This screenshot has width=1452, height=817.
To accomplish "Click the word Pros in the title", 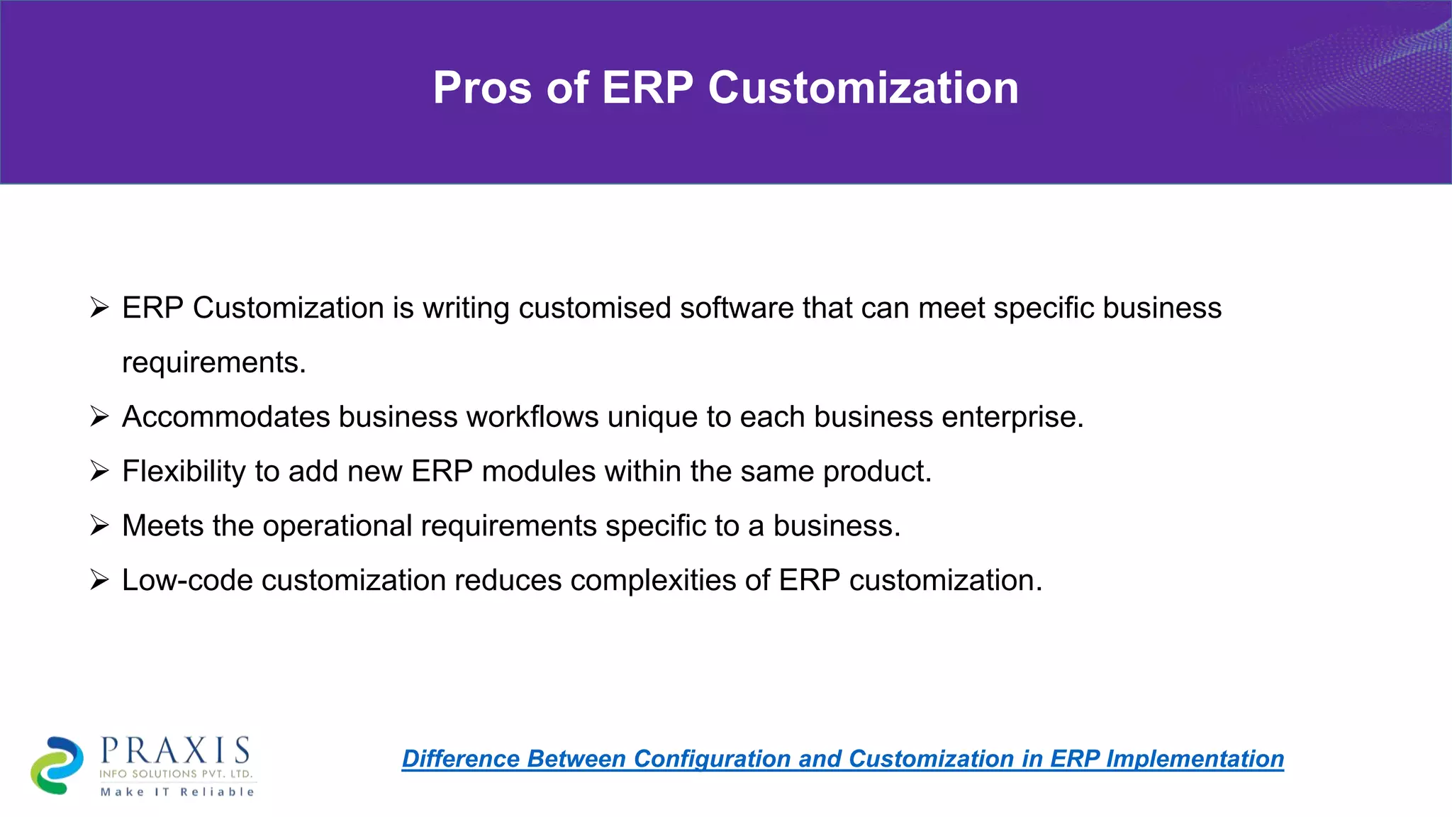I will [481, 88].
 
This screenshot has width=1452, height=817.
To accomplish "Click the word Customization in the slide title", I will [863, 88].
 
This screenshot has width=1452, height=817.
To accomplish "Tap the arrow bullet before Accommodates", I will [99, 416].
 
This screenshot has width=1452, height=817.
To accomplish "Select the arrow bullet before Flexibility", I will [99, 471].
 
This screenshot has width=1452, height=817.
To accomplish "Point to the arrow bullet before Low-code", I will [99, 580].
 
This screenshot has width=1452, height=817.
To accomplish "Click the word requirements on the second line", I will [213, 363].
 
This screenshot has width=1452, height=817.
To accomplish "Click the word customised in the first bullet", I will [594, 309].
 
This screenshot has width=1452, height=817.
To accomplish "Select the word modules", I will [538, 472].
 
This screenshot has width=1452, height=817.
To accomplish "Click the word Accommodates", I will [225, 417].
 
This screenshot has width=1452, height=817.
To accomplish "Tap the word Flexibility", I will [184, 472].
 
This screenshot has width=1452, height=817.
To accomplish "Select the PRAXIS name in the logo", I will [175, 750].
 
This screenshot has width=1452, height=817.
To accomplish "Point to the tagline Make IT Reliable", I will [177, 791].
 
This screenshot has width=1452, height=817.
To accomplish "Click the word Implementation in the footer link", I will [1195, 759].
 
